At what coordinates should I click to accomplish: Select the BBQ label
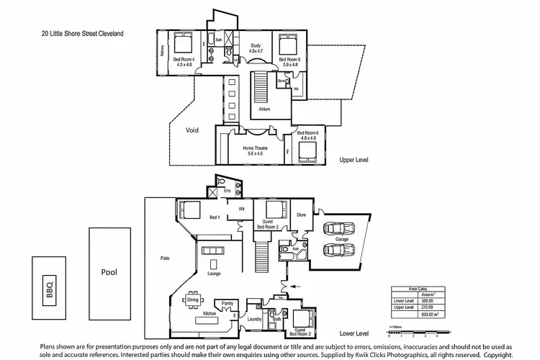(x=50, y=290)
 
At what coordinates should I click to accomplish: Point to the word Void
(x=192, y=130)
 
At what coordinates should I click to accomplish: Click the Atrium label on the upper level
(x=264, y=109)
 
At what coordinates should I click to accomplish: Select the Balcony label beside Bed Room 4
(x=162, y=55)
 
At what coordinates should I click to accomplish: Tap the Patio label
(x=165, y=257)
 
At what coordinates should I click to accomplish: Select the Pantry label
(x=227, y=303)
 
